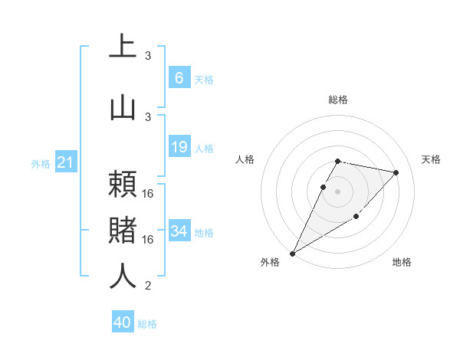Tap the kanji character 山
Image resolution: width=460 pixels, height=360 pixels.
(x=123, y=106)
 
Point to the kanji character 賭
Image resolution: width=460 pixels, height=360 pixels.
(x=123, y=230)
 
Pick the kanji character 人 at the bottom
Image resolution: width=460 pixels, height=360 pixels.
(x=123, y=276)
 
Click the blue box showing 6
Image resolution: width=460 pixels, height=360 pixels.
(x=179, y=77)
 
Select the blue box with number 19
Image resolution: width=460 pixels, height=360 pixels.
(x=179, y=147)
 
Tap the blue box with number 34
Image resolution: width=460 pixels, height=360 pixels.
(x=179, y=231)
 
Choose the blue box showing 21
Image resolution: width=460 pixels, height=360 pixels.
(x=66, y=162)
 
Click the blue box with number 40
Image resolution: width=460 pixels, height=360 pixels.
(x=123, y=322)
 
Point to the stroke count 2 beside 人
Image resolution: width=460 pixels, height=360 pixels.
(x=149, y=286)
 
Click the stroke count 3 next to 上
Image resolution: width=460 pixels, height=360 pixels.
(x=149, y=56)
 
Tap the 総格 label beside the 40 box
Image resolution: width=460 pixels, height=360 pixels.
(x=148, y=324)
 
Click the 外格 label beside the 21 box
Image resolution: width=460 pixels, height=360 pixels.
(x=41, y=164)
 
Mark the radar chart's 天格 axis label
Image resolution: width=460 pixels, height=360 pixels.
(x=432, y=159)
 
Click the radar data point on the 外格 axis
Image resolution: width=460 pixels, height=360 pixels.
(x=292, y=253)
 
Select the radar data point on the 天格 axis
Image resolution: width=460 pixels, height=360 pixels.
(x=396, y=172)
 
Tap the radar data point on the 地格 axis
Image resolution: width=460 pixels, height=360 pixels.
(x=356, y=218)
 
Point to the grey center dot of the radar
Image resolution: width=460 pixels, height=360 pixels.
(x=338, y=191)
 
